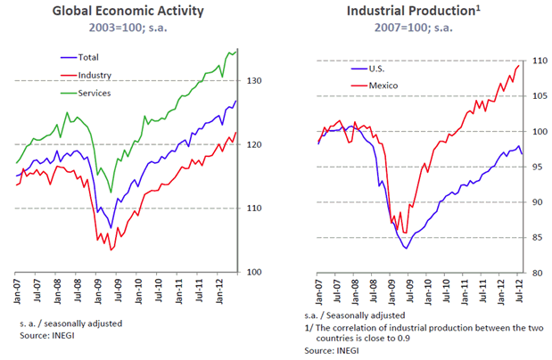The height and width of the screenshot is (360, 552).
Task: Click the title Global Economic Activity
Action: [128, 12]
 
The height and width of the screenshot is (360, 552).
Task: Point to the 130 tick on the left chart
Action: [251, 81]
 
